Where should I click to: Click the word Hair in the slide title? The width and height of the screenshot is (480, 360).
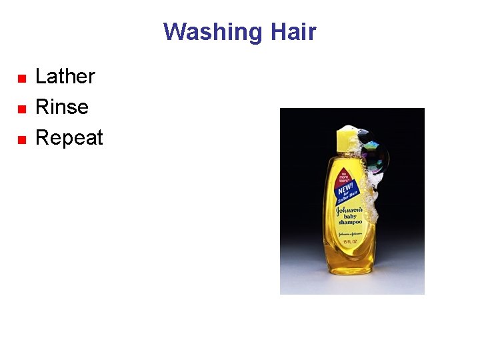tap(293, 32)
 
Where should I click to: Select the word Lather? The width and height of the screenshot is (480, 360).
tap(65, 77)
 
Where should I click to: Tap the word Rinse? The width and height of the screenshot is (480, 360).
tap(61, 107)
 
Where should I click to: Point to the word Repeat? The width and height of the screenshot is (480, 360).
tap(69, 137)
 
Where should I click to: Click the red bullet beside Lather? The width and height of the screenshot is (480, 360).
tap(21, 78)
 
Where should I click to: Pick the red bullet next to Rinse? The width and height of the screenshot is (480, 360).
tap(21, 109)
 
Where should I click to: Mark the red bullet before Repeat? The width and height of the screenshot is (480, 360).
tap(21, 139)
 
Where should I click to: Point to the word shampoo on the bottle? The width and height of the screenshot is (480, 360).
tap(350, 223)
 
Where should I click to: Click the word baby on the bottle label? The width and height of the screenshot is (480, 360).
tap(349, 215)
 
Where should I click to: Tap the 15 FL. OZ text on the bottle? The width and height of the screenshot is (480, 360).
tap(350, 241)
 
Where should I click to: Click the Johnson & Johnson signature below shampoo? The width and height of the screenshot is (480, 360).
tap(349, 233)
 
